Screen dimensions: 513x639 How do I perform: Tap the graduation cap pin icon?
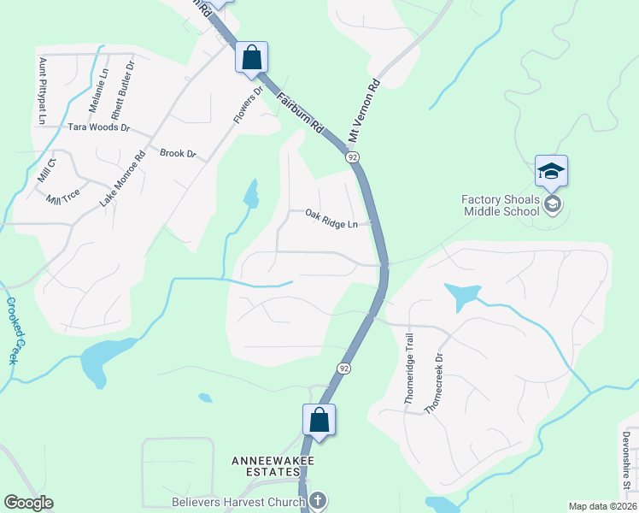point(551,172)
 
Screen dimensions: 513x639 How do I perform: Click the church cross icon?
point(317,500)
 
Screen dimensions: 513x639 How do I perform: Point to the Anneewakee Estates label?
point(273,461)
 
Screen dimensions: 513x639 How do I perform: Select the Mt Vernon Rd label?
point(363,111)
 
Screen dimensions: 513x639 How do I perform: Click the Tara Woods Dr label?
point(98,127)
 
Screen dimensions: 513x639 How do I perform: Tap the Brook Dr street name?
point(178,154)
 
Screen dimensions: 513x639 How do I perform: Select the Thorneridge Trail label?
point(408,369)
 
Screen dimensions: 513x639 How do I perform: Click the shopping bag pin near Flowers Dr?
point(252,57)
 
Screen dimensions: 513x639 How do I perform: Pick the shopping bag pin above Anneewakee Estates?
point(319,420)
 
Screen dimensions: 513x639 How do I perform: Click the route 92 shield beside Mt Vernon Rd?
point(351,157)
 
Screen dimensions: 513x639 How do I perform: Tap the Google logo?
point(28,503)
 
